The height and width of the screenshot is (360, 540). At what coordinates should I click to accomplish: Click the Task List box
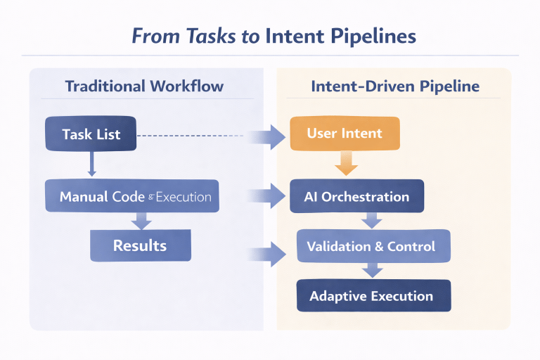pos(90,134)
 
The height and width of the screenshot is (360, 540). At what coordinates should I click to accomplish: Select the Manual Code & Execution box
pos(132,196)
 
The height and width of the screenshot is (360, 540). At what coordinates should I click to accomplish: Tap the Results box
pos(140,245)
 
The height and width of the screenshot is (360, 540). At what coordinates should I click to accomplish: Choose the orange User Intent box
pos(345,133)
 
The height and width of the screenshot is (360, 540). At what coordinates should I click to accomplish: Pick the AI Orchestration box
pos(356,196)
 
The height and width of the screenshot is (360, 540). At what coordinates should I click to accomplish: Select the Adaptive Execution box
pos(373,295)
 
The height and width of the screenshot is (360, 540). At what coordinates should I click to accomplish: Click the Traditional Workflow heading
pos(144,86)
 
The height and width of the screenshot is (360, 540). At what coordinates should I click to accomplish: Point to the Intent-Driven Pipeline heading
pos(395,86)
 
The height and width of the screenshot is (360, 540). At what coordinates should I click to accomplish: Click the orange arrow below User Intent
pos(345,165)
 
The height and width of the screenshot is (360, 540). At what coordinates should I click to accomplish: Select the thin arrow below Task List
pos(91,165)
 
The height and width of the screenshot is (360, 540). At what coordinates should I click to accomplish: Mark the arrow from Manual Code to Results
pos(141,220)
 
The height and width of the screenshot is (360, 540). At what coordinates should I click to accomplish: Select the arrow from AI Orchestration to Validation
pos(371,221)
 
